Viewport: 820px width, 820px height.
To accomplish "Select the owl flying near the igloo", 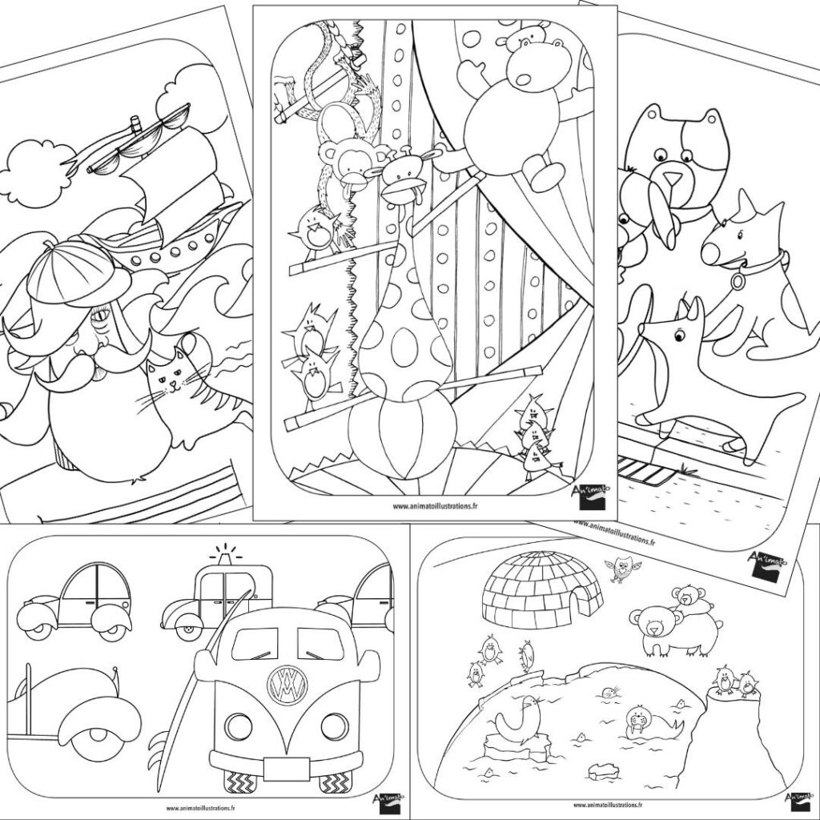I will click(x=621, y=569).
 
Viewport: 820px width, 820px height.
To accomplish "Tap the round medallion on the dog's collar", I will click(x=738, y=282).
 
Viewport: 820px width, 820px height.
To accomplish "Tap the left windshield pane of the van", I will click(x=254, y=644).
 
